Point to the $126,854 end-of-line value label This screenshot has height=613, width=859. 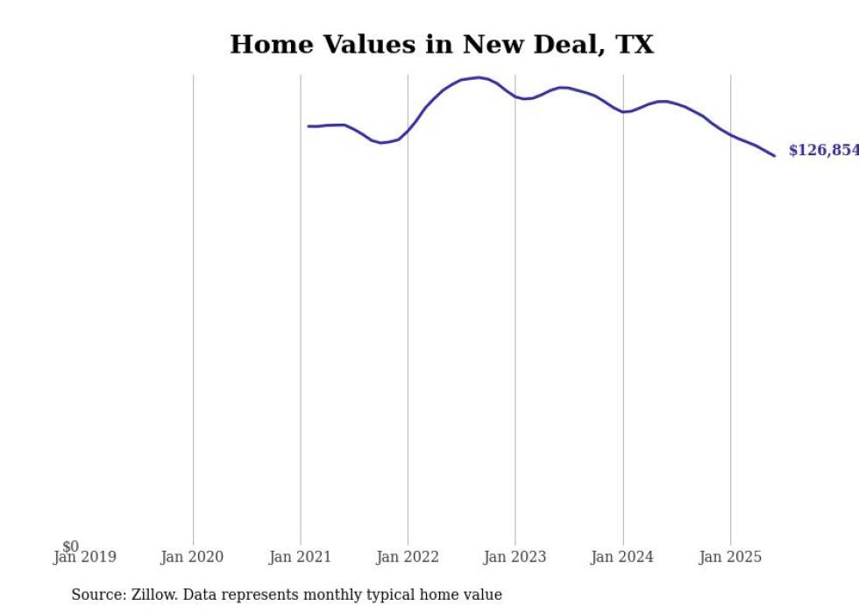click(823, 151)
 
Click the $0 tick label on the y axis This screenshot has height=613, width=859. click(71, 546)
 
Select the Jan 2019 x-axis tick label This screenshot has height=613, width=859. click(84, 557)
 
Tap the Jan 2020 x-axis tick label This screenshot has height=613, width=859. click(192, 557)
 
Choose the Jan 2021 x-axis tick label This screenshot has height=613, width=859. click(300, 557)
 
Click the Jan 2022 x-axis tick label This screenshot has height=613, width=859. click(407, 557)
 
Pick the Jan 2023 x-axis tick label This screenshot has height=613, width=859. click(515, 557)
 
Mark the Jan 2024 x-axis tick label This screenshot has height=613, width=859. click(622, 557)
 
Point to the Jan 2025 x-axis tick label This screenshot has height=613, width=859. click(730, 557)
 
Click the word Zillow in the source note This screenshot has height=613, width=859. click(151, 595)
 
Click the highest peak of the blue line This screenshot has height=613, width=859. click(478, 77)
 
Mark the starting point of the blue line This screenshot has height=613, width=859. click(309, 126)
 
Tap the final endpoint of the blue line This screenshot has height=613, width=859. click(774, 156)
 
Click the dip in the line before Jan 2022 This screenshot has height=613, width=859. click(381, 142)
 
